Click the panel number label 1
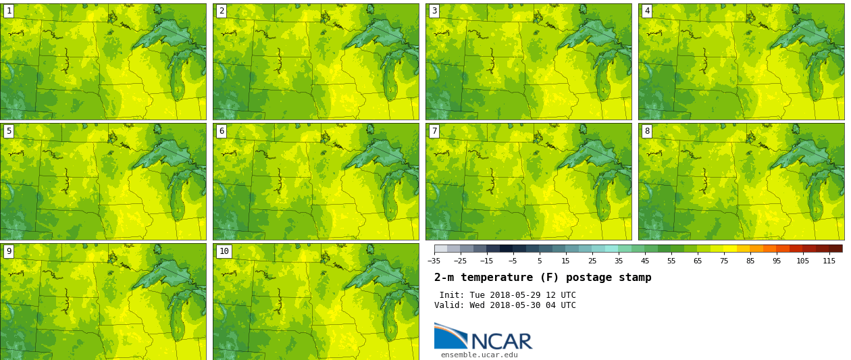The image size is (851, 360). pos(9,11)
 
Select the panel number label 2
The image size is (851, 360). pos(222,11)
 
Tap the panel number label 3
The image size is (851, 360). pos(434,11)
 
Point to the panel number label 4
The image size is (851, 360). pos(647,11)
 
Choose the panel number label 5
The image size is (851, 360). pos(9,131)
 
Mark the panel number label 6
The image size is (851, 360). pos(222,131)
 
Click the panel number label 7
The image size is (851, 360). pos(434,131)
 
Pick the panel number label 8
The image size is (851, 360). pos(647,131)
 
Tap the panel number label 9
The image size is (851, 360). pos(9,251)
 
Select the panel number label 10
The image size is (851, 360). pos(224,251)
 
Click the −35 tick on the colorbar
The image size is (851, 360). pos(434,261)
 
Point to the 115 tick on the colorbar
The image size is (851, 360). pos(829,261)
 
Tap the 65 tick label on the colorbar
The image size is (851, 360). pos(698,261)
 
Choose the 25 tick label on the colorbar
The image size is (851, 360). pos(592,261)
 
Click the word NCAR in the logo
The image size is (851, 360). pos(501,341)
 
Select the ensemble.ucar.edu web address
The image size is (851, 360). pos(479,355)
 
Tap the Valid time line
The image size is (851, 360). pos(505,305)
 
